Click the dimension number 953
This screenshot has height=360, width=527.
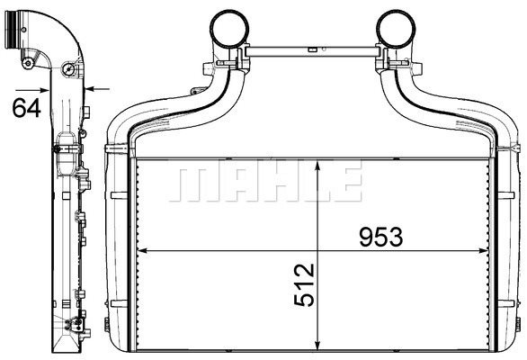click(380, 237)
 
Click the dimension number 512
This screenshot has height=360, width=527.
click(304, 285)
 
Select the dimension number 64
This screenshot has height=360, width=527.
click(27, 108)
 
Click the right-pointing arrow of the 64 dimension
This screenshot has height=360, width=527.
click(32, 90)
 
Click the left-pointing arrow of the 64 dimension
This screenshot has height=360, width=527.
click(97, 89)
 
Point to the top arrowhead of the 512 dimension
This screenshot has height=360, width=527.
click(317, 166)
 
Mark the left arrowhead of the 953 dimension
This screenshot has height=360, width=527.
click(142, 251)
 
